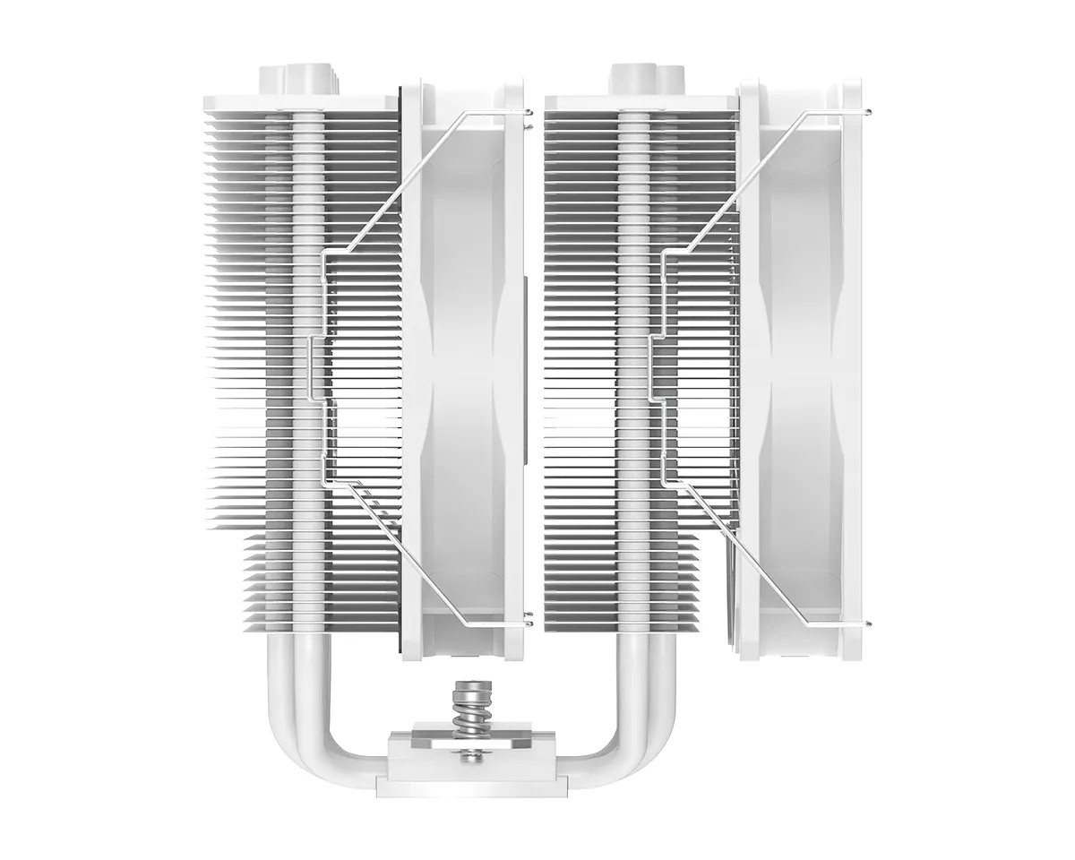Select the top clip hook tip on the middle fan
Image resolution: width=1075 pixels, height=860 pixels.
click(x=529, y=111)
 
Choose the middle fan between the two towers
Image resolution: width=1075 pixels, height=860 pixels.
click(x=466, y=358)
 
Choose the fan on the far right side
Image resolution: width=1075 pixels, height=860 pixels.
click(x=802, y=358)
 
